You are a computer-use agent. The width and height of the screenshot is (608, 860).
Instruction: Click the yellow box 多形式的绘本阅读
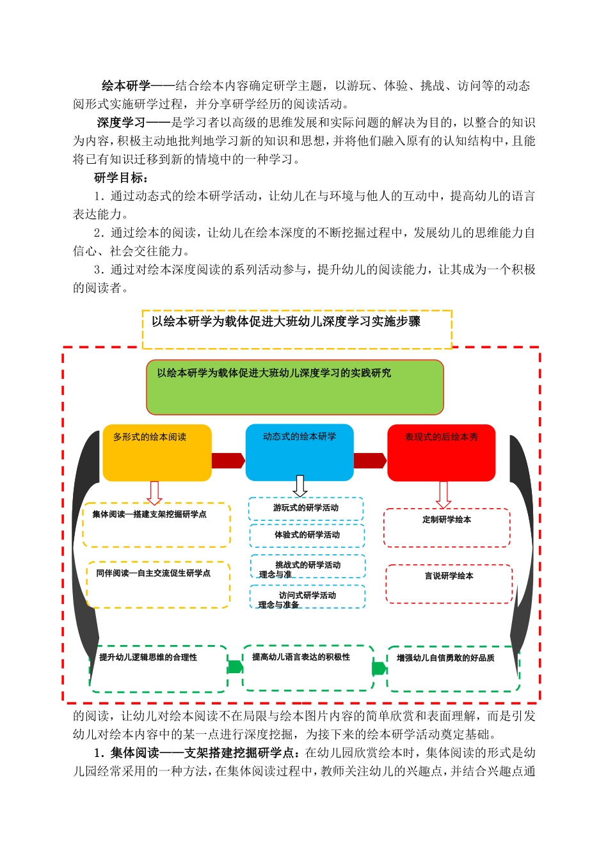coord(157,452)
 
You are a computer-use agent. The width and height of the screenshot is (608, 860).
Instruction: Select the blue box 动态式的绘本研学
coord(300,452)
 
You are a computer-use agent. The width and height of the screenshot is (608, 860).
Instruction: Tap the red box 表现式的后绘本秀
coord(441,452)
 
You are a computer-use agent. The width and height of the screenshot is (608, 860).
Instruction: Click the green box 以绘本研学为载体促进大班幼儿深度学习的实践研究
coord(295,387)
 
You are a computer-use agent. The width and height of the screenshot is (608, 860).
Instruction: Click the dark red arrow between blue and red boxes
coord(370,461)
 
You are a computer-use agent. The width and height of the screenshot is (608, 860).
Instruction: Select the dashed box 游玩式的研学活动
coord(306,509)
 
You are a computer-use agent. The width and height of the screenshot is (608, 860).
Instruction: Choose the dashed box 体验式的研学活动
coord(307,536)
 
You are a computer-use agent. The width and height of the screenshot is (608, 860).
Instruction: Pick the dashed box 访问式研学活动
coord(308,597)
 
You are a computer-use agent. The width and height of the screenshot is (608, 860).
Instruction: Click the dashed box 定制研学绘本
coord(447,528)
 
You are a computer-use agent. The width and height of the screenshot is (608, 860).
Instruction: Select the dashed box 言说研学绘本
coord(449,584)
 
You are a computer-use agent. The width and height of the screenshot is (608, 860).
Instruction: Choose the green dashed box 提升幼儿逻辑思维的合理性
coord(158,669)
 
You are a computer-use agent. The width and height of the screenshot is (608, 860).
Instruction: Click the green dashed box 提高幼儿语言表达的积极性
coord(308,668)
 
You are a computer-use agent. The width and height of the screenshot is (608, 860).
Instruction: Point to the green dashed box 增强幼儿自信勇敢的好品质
coord(453,669)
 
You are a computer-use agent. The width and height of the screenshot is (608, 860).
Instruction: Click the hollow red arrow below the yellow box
coord(154,493)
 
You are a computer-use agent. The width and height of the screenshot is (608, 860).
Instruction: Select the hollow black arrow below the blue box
coord(300,486)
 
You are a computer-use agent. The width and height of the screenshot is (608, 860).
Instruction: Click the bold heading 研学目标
coord(121,178)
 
